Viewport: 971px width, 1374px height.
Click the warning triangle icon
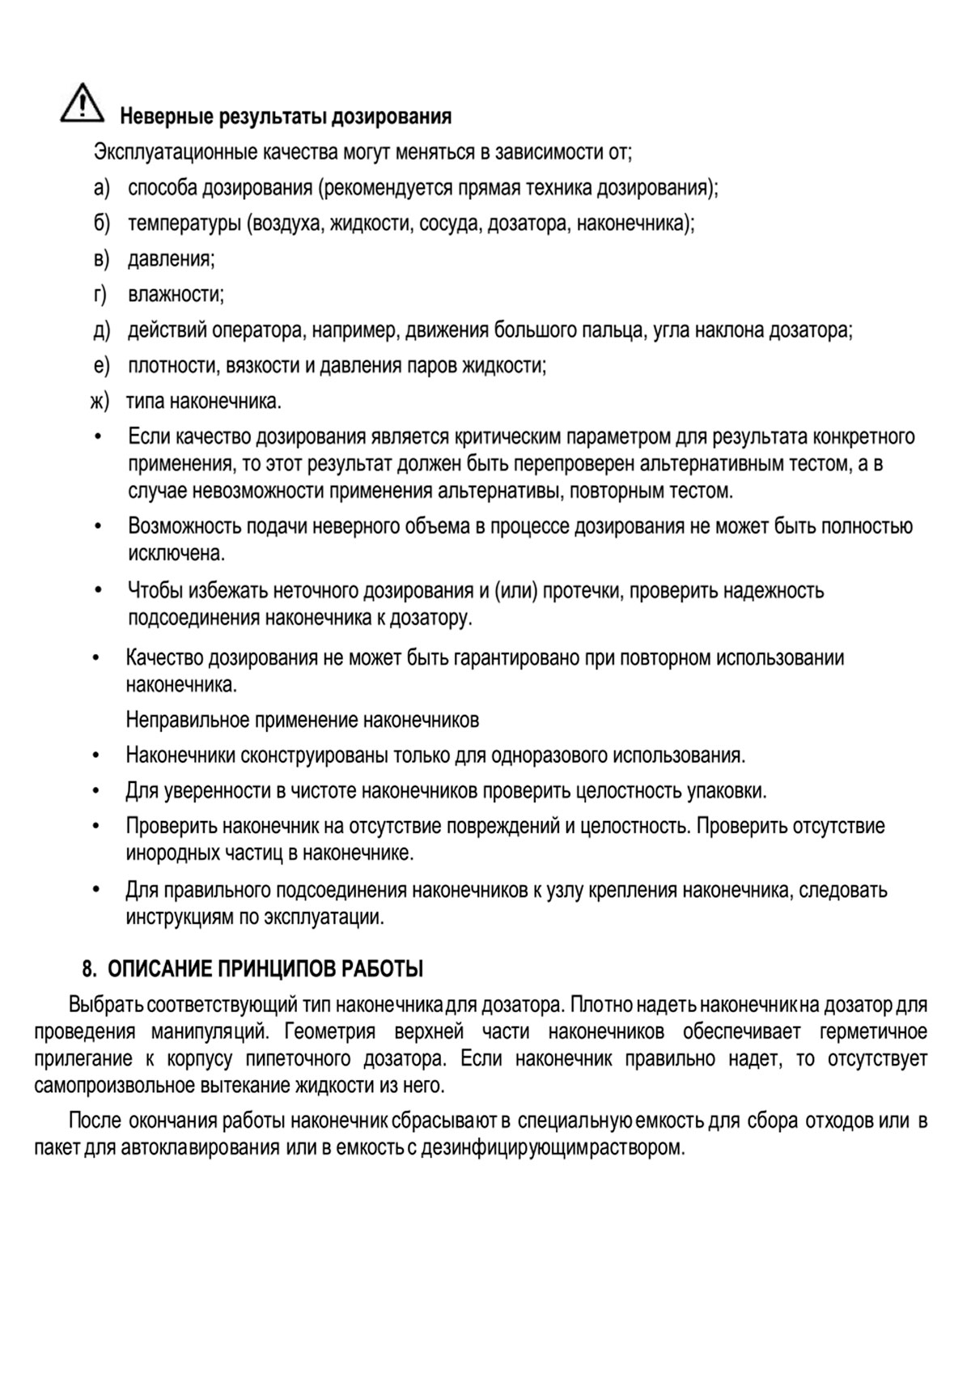pyautogui.click(x=81, y=104)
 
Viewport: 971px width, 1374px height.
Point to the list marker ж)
pyautogui.click(x=100, y=402)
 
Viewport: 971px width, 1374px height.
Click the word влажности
pyautogui.click(x=175, y=295)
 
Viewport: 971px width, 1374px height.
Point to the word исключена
pyautogui.click(x=176, y=554)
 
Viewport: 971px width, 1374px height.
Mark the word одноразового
pyautogui.click(x=548, y=755)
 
